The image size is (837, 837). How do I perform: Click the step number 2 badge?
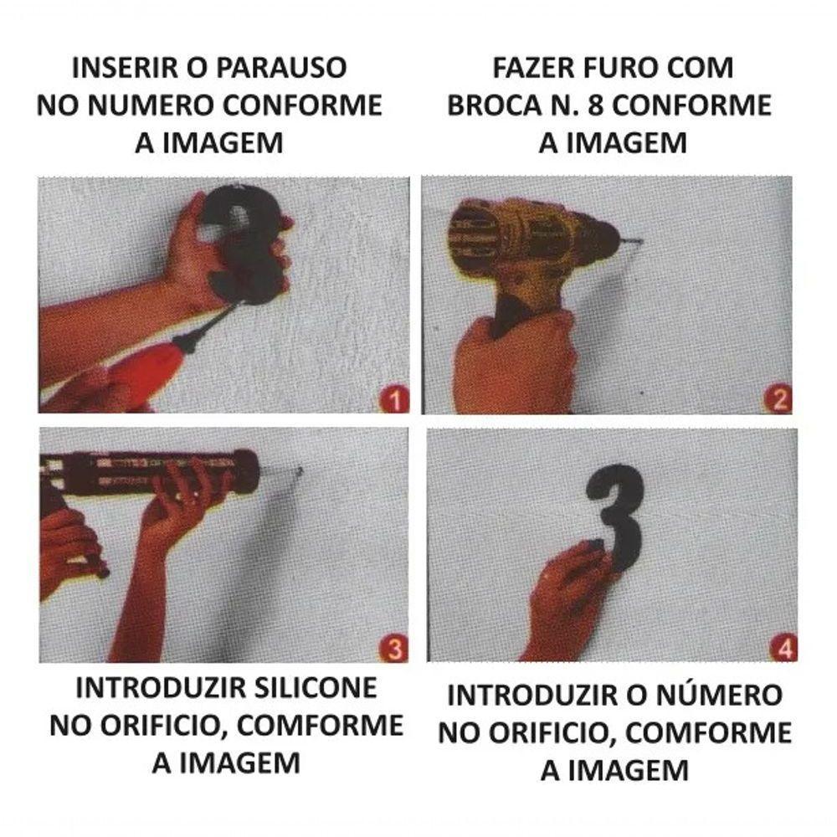[x=778, y=400]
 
